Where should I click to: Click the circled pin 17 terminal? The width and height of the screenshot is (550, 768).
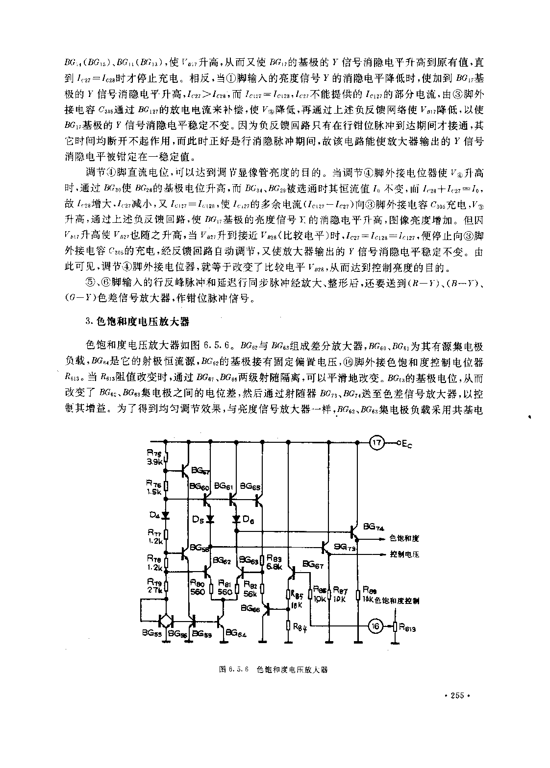coord(376,443)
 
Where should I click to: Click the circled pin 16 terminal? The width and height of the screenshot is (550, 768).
coord(376,625)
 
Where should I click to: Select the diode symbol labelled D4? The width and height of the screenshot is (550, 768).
coord(166,515)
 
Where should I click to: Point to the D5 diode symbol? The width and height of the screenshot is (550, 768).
coord(211,519)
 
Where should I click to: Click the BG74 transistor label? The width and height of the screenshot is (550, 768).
coord(374,527)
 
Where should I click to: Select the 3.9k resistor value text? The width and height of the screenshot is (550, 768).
coord(155,462)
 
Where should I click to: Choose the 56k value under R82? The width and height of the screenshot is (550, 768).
coord(250,594)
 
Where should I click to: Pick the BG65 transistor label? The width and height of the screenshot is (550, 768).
coord(250,487)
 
